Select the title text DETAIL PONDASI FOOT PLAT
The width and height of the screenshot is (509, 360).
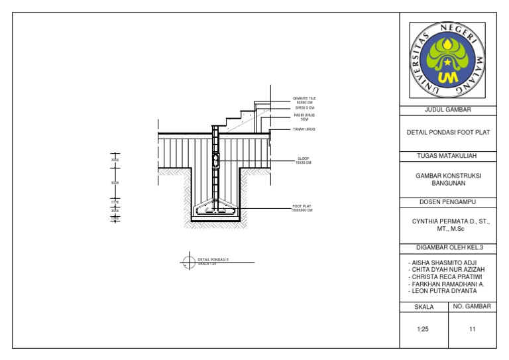point(447,133)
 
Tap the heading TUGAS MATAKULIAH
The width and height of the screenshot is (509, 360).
point(447,156)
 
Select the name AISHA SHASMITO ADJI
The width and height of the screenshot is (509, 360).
point(442,263)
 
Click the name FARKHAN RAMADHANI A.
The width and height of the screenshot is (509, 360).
point(446,284)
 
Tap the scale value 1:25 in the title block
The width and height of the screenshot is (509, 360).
point(424,328)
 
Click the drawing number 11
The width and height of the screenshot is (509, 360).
point(472,328)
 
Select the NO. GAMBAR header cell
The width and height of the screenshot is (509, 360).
point(472,306)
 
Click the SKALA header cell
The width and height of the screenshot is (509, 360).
point(424,307)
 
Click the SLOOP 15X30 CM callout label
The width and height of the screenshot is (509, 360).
point(304,160)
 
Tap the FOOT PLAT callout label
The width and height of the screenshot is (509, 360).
point(302,208)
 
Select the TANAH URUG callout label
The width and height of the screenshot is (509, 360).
point(304,129)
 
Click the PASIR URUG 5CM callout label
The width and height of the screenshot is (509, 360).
point(304,117)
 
